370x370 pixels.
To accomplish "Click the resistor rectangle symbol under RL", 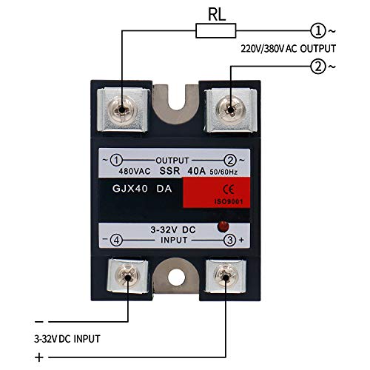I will click(215, 30).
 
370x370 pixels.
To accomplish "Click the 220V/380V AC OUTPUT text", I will click(289, 48).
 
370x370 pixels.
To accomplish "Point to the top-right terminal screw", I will click(232, 109).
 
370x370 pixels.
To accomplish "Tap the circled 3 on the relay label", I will click(232, 239).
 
